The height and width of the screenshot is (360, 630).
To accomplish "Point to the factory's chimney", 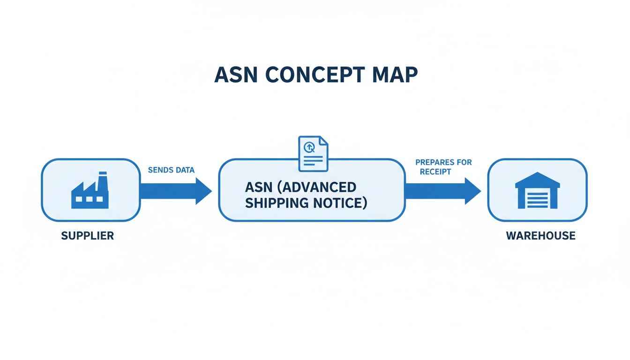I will [x=102, y=179].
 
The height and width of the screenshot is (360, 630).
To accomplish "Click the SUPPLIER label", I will [x=88, y=235].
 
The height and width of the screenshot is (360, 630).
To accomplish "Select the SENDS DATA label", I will [x=171, y=170].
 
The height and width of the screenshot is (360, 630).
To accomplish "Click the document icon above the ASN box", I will [x=314, y=153].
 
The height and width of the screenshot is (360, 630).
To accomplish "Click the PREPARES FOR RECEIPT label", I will [x=443, y=167].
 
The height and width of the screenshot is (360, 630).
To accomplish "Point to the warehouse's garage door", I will [x=537, y=199].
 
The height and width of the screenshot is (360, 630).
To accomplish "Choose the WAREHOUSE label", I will [x=540, y=235].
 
